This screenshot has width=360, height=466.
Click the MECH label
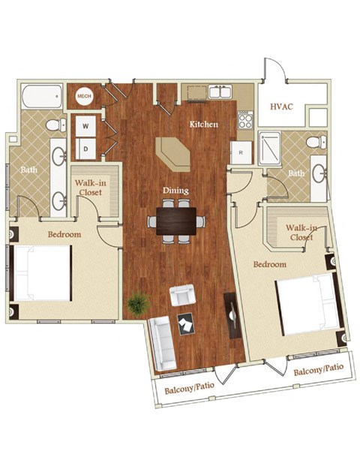tap(84, 96)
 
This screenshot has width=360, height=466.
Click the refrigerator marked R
tap(241, 152)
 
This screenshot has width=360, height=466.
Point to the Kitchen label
tap(203, 124)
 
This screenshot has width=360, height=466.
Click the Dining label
tap(175, 191)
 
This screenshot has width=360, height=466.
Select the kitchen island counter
tap(173, 153)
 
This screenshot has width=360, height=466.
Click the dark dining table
tap(175, 220)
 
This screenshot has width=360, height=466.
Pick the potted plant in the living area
tap(138, 304)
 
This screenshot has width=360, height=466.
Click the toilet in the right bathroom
tap(316, 142)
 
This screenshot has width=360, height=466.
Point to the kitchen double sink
tap(220, 92)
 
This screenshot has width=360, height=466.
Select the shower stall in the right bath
tap(269, 149)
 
